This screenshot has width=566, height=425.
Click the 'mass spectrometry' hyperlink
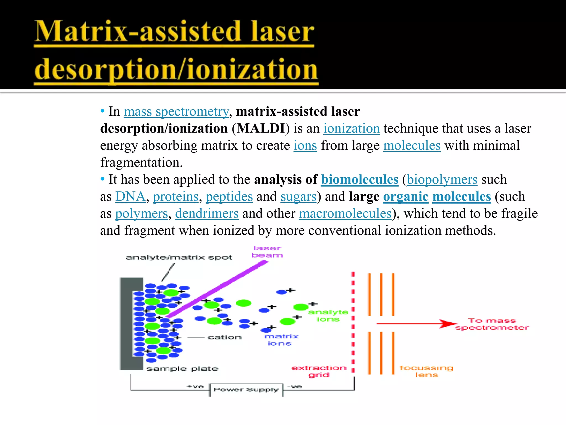176,112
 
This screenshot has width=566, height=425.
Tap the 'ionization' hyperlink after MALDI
352,129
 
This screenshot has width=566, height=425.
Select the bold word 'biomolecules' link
359,180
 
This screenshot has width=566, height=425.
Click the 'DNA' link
130,197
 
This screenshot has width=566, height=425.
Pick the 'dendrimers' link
207,214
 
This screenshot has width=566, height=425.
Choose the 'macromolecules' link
345,214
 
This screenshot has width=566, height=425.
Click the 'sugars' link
298,197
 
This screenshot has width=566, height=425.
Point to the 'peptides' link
229,197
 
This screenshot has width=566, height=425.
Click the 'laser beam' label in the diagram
267,252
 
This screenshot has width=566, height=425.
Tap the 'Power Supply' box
246,390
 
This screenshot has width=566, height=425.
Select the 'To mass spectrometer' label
492,324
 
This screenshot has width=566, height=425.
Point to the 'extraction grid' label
319,371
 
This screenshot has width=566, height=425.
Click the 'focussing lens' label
426,371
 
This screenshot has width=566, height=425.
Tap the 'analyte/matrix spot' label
179,257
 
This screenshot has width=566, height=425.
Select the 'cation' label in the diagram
224,337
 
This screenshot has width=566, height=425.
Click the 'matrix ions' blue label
281,340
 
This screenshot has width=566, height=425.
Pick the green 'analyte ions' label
328,315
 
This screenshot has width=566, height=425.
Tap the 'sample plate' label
182,369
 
